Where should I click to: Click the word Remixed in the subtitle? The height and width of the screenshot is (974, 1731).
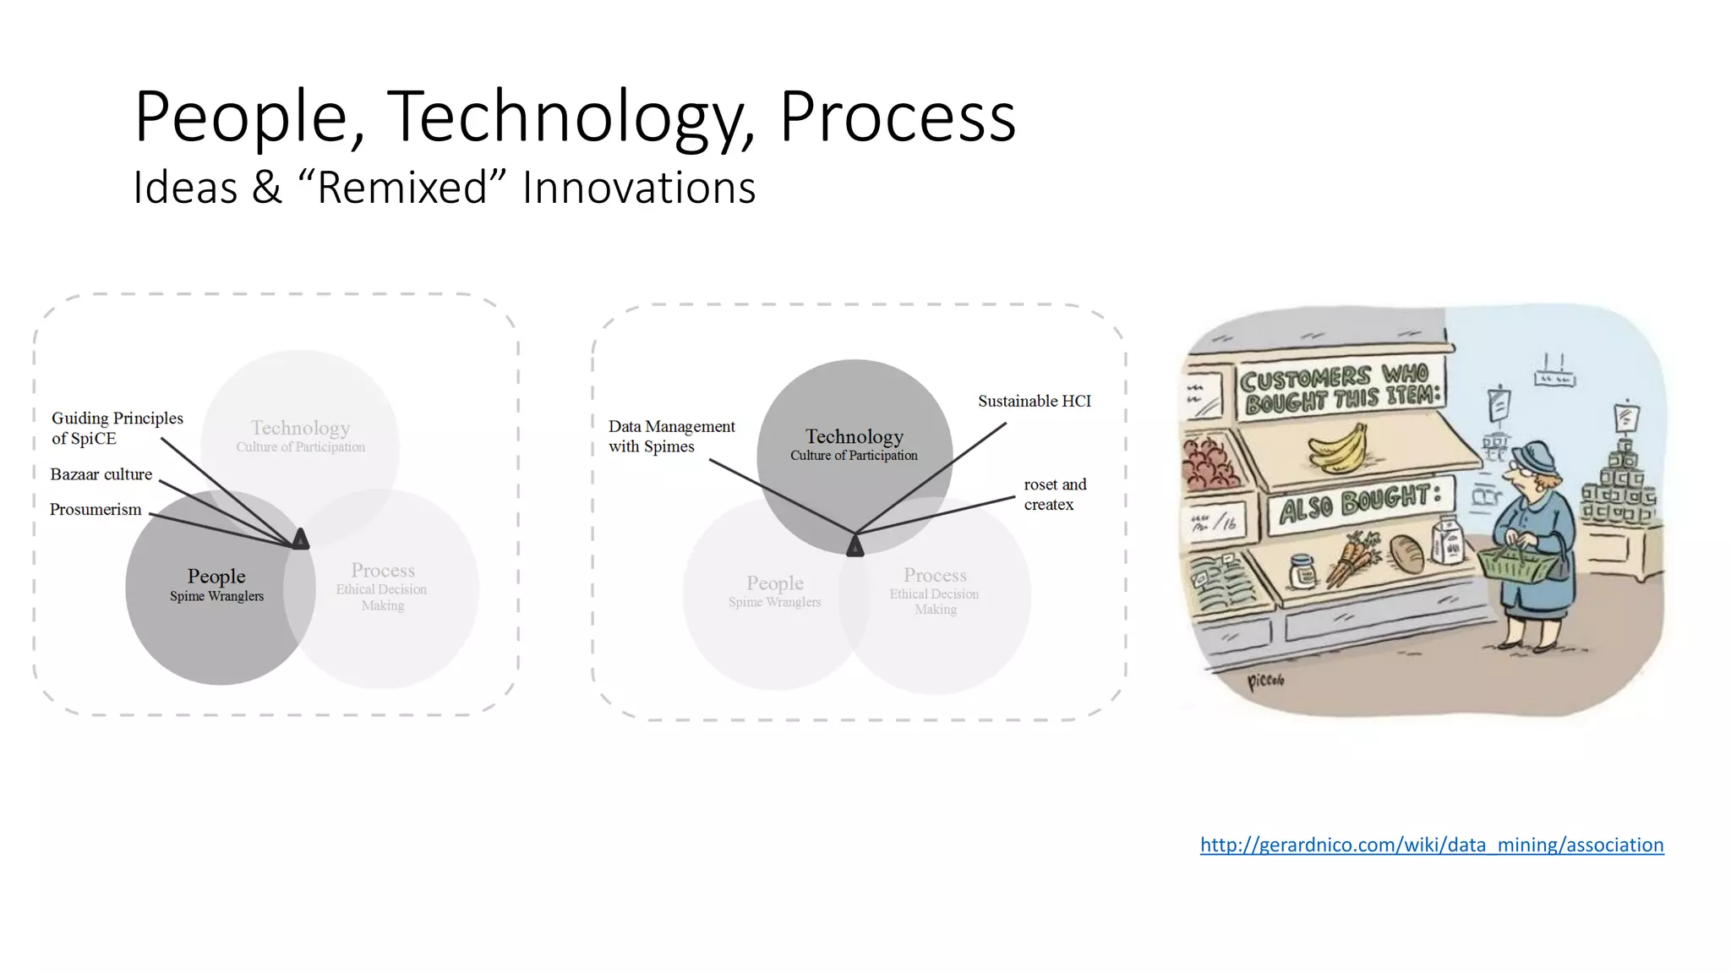pos(402,187)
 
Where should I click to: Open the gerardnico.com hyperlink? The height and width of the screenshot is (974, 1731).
pos(1431,845)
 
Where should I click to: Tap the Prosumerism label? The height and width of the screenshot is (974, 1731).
pos(96,510)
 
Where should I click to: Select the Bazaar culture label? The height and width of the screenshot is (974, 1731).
pos(101,474)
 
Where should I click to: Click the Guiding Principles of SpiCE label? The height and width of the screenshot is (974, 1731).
pos(117,428)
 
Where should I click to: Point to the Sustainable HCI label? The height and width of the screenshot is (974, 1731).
pos(1034,402)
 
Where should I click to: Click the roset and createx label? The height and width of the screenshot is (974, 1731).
pos(1054,495)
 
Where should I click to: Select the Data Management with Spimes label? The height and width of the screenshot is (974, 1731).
pos(671,436)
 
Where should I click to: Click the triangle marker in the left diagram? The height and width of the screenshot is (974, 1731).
pos(301,539)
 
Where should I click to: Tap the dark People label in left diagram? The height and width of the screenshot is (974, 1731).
pos(216,577)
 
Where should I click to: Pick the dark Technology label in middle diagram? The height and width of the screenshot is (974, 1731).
pos(854,437)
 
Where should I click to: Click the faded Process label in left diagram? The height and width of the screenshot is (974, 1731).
pos(383,571)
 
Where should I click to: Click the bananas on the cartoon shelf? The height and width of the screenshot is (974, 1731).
pos(1339,448)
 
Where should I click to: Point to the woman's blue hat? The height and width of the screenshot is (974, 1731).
pos(1535,459)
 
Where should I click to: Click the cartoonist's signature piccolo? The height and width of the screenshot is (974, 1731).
pos(1265,681)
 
